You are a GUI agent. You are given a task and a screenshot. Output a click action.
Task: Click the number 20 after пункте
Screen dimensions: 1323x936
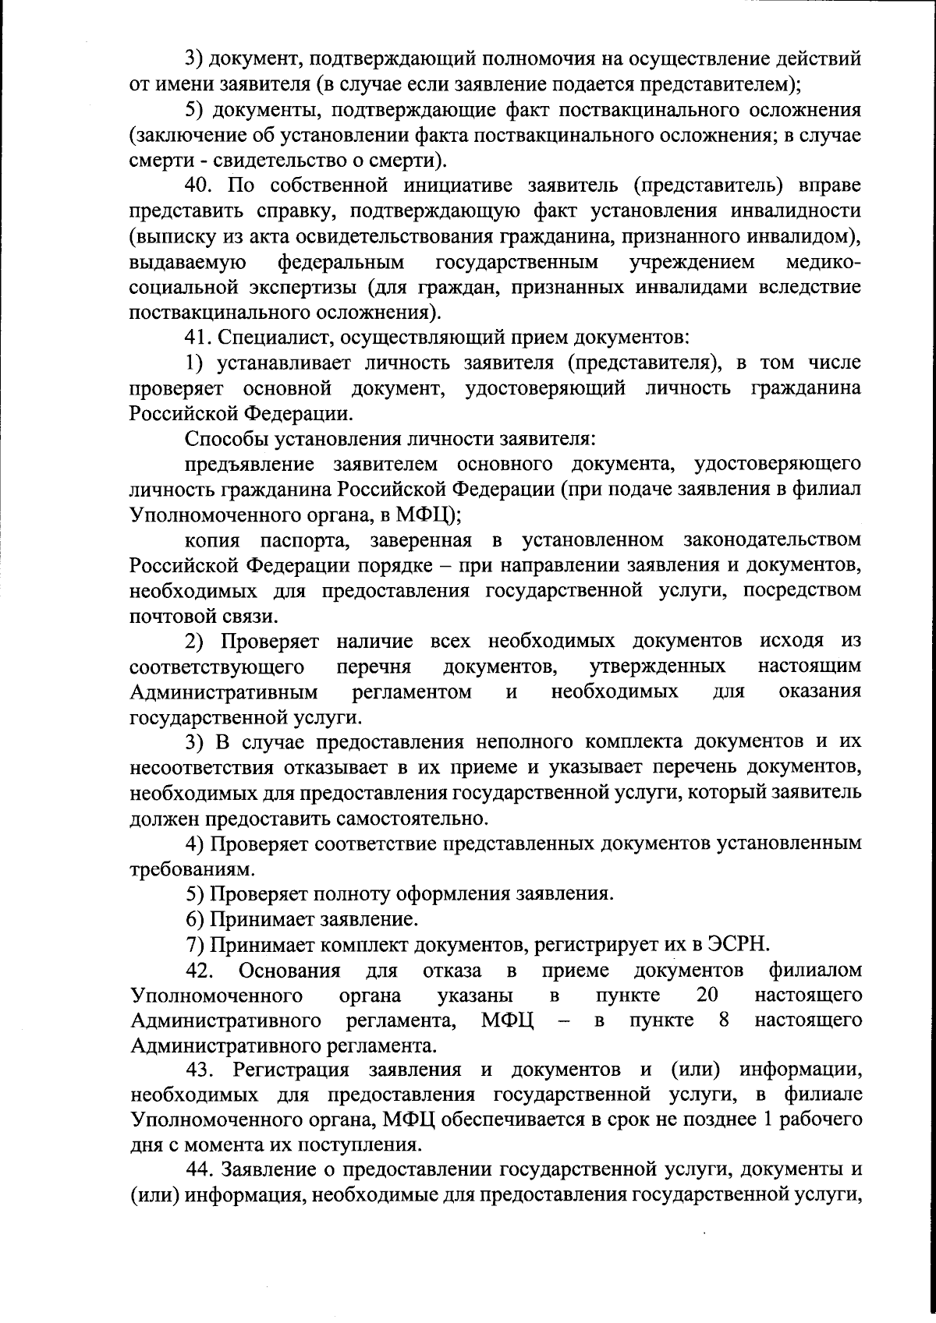coord(706,996)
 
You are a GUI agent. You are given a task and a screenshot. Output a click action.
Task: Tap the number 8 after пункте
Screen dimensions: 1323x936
coord(724,1021)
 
